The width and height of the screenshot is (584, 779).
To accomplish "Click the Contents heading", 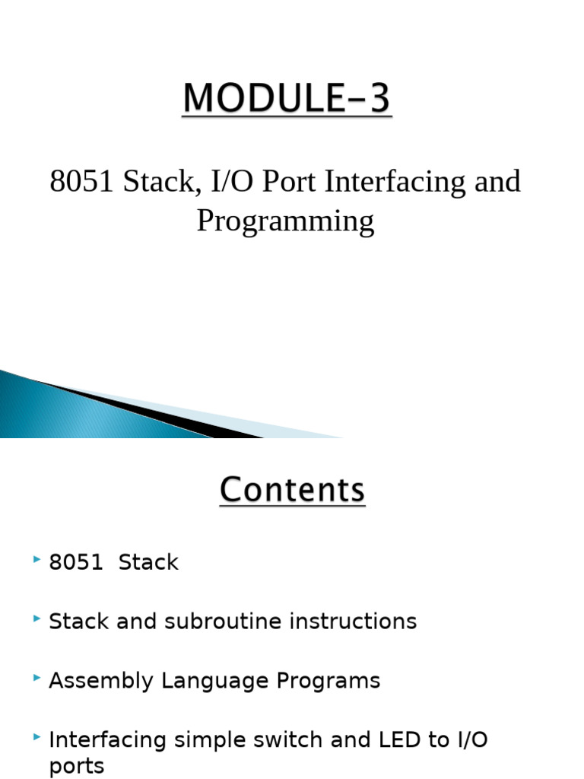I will click(292, 490).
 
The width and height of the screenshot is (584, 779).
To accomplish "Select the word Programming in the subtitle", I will click(285, 221).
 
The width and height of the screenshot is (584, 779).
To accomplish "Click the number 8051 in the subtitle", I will click(80, 182).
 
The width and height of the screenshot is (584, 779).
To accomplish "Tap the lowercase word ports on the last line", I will click(76, 765).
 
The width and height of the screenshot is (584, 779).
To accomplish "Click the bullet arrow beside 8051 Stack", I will click(36, 560).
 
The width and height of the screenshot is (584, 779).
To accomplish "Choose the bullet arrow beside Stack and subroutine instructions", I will click(36, 619).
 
